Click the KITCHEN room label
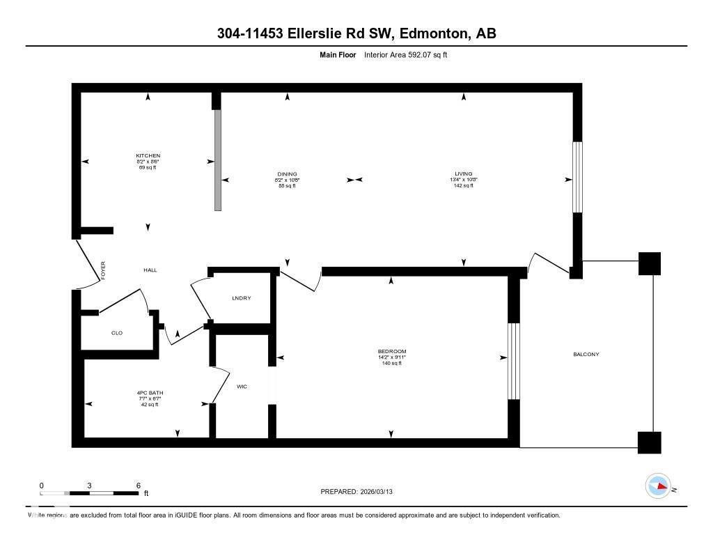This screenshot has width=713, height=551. pos(148,155)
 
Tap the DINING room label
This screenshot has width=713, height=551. pos(287,174)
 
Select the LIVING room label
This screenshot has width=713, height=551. pos(464,174)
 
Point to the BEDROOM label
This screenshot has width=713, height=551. pos(391,351)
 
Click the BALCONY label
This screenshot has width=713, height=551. pos(586,355)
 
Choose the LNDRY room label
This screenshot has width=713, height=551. pos(241,298)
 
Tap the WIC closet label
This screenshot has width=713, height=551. pos(242,387)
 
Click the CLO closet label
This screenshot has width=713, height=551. pos(117,333)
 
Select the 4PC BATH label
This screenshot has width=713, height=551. pos(150,393)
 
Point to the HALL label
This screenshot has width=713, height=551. pos(150,270)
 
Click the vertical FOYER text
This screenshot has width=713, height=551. pos(103,270)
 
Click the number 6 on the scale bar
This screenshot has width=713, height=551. pos(138,486)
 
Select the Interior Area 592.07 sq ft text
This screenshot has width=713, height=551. pos(405,54)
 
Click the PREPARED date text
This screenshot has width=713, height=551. pos(361,492)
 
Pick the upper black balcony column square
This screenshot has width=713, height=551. pos(649,263)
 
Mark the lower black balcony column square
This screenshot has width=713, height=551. pos(649,442)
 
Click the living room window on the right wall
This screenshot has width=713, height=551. pos(577,177)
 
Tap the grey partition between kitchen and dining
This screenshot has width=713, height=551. pos(217,160)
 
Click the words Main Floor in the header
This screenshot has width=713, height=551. pos(338,54)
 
